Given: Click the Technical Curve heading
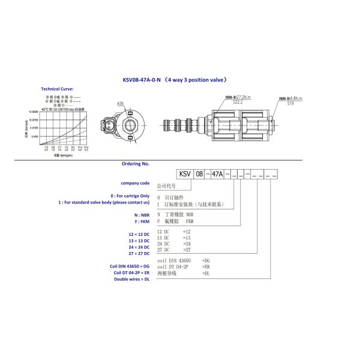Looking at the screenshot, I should [x=57, y=88].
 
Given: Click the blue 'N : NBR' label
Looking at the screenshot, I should [x=140, y=214].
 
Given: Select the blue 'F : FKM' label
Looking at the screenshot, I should [x=140, y=221].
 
